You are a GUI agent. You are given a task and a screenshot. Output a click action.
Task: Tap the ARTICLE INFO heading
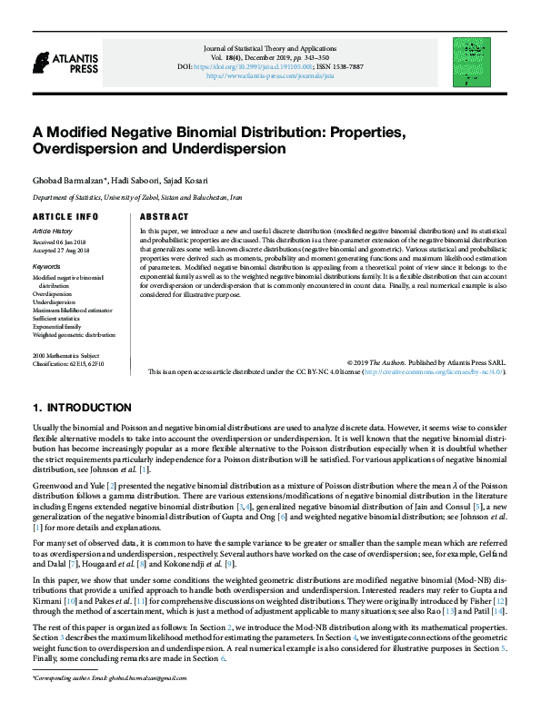point(65,218)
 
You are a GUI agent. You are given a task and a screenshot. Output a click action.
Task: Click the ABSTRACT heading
point(165,218)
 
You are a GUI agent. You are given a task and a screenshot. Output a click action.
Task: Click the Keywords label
point(46,266)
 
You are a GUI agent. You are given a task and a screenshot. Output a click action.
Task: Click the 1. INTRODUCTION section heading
point(82,408)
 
